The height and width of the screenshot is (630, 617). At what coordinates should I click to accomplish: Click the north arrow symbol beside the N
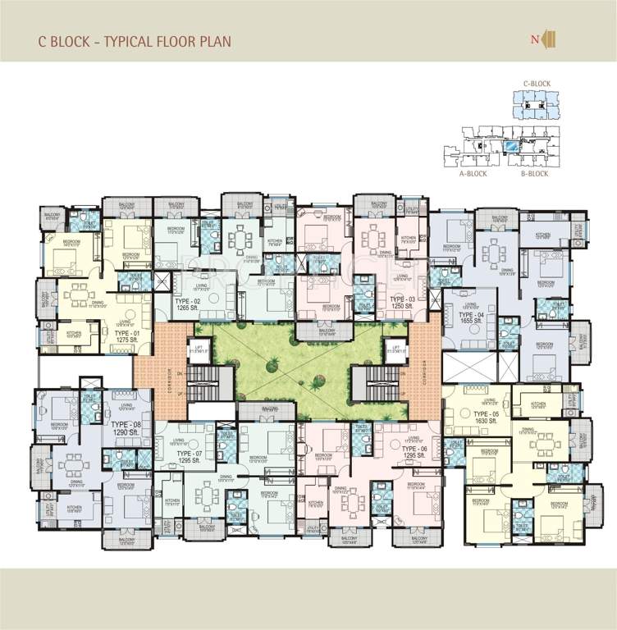click(x=551, y=39)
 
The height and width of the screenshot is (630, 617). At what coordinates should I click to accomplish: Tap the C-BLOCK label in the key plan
click(x=537, y=84)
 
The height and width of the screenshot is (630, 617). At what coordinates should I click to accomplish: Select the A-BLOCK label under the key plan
click(x=473, y=174)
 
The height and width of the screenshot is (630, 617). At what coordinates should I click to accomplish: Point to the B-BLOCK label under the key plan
click(x=535, y=174)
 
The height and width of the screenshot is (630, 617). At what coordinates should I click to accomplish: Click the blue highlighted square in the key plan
click(x=511, y=148)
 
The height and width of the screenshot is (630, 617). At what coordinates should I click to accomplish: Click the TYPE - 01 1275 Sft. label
click(x=129, y=336)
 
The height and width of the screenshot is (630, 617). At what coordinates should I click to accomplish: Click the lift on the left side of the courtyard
click(x=196, y=349)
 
